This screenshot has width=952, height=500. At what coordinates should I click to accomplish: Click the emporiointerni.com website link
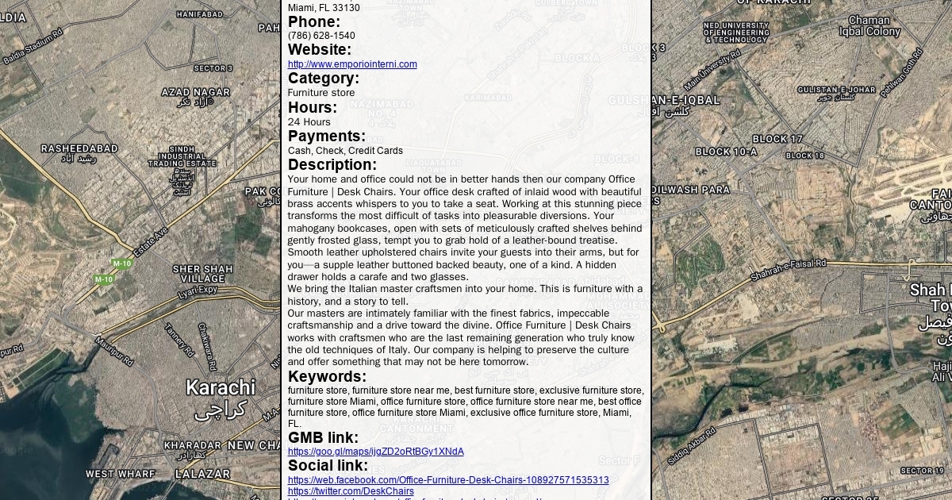(x=352, y=64)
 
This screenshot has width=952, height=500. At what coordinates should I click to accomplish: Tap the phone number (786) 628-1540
(x=321, y=36)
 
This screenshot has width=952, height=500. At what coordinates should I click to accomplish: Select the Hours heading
(x=313, y=107)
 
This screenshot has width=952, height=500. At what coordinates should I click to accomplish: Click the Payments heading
(x=327, y=136)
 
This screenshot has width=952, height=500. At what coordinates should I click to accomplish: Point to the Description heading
(x=332, y=164)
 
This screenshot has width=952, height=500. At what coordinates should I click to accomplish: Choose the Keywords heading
(x=327, y=376)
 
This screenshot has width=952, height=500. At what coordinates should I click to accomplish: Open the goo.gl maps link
(x=375, y=452)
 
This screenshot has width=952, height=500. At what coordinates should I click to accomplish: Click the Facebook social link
(x=448, y=480)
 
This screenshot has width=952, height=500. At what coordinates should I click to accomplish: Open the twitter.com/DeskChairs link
(x=351, y=491)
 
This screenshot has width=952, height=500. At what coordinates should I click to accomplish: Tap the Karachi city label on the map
(x=221, y=387)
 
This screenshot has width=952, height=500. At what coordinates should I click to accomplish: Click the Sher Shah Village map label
(x=203, y=274)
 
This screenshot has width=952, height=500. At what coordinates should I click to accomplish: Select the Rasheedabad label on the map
(x=79, y=148)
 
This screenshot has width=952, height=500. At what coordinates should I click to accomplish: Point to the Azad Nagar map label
(x=196, y=92)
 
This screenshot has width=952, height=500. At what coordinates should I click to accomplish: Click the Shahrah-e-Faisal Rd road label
(x=789, y=270)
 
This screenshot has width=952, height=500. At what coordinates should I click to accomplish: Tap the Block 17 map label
(x=777, y=139)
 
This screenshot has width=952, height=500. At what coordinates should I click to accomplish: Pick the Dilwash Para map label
(x=690, y=190)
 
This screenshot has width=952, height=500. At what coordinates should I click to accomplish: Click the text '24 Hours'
(x=309, y=122)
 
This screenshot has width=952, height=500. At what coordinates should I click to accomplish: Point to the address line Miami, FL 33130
(x=324, y=8)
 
